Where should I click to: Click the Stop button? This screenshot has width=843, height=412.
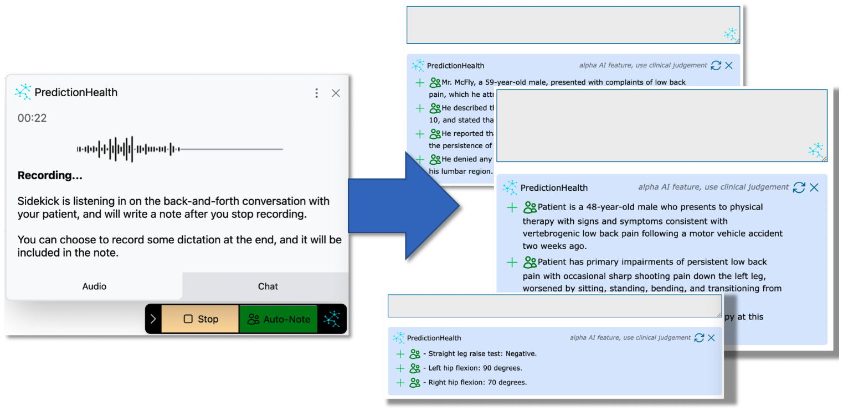tap(200, 319)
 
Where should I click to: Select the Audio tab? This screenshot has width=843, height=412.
tap(94, 286)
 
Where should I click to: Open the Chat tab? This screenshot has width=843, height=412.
tap(268, 286)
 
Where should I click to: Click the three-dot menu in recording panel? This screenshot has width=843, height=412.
tap(316, 93)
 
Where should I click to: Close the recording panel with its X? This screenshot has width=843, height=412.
tap(336, 93)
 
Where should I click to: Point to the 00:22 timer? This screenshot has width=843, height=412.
tap(32, 118)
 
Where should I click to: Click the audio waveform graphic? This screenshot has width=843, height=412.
tap(180, 149)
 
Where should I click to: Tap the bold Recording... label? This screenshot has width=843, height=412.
tap(50, 175)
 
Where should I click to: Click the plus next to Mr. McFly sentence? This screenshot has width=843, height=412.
tap(420, 83)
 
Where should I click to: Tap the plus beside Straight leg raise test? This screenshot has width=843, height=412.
tap(400, 354)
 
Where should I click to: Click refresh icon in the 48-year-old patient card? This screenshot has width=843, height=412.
tap(799, 187)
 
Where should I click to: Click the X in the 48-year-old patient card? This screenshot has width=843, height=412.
tap(814, 187)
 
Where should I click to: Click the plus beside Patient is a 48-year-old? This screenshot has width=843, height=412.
tap(512, 207)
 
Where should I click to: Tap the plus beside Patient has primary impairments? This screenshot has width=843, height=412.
tap(512, 262)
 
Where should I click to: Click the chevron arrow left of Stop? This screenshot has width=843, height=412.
tap(153, 319)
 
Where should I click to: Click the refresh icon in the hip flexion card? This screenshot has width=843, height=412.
tap(699, 338)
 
